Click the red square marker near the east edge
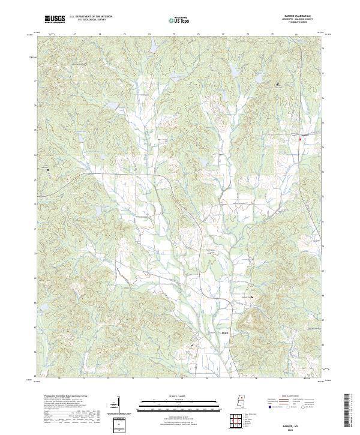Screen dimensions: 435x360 300,139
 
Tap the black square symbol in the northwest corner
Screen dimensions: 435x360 85,64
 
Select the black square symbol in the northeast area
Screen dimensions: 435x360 277,83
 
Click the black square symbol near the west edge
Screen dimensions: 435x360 47,170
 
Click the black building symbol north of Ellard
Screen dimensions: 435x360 252,297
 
